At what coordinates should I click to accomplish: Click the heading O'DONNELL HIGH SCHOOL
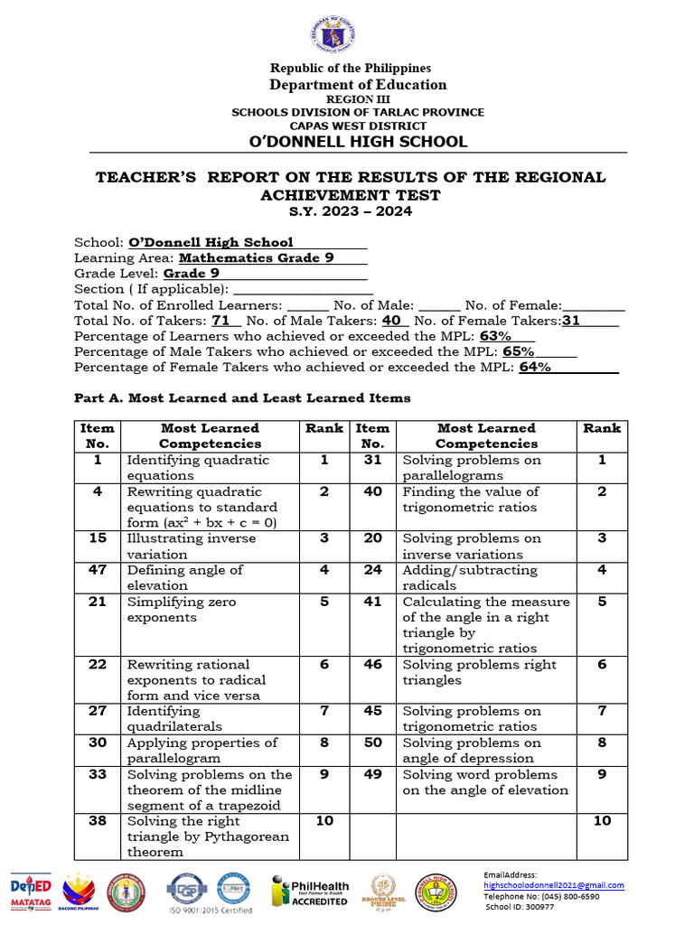[358, 141]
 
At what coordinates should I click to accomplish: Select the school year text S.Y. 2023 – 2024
[351, 211]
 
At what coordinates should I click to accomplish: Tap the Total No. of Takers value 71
[221, 320]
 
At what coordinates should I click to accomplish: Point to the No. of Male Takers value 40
[391, 320]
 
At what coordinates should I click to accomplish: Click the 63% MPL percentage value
[496, 335]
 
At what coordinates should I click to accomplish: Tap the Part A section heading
[242, 397]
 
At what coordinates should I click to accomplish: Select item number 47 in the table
[98, 570]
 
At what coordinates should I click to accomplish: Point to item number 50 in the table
[372, 743]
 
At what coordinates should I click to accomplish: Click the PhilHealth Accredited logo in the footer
[310, 892]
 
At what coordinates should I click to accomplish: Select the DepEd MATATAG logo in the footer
[32, 892]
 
